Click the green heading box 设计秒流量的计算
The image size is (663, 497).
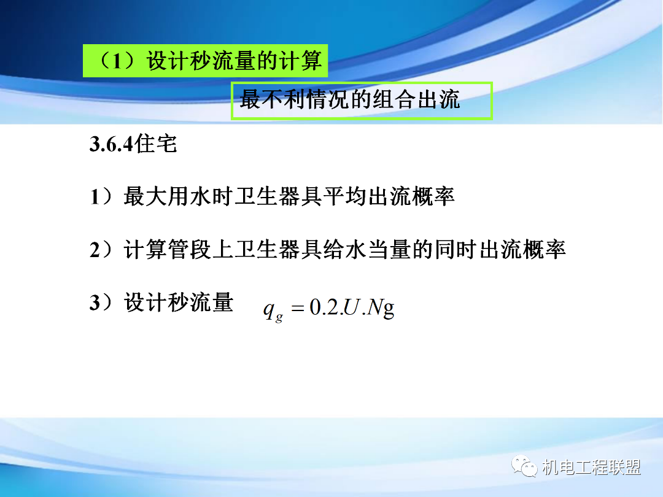pyautogui.click(x=205, y=60)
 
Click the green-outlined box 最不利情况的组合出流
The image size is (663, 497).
pyautogui.click(x=362, y=101)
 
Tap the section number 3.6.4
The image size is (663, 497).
pyautogui.click(x=112, y=145)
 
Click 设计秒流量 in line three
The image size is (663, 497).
pyautogui.click(x=179, y=303)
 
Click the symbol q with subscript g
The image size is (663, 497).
pyautogui.click(x=272, y=310)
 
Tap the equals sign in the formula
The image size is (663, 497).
pyautogui.click(x=298, y=309)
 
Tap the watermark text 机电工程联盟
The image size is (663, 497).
pyautogui.click(x=592, y=468)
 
